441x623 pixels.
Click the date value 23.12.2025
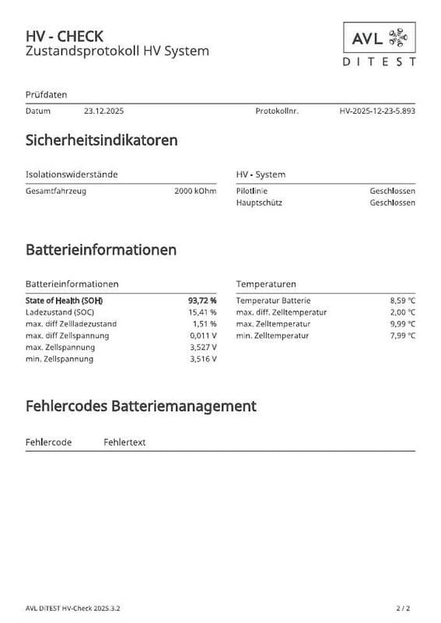103,111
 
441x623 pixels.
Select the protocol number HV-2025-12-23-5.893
377,111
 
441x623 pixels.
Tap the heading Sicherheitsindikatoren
102,141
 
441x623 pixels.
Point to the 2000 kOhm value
195,191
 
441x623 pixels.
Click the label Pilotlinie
252,191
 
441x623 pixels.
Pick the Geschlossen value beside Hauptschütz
392,202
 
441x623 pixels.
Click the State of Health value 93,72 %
202,301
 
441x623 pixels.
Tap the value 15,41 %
203,312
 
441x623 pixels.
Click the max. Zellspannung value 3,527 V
203,347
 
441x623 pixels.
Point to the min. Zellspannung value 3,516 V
203,359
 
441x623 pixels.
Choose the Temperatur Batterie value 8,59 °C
402,301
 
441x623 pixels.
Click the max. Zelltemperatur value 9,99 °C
402,324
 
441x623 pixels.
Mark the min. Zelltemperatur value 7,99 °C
402,336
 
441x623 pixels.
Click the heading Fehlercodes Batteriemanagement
141,406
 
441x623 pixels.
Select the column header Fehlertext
124,442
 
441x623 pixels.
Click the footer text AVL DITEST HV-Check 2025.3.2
73,607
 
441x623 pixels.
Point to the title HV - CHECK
65,36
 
